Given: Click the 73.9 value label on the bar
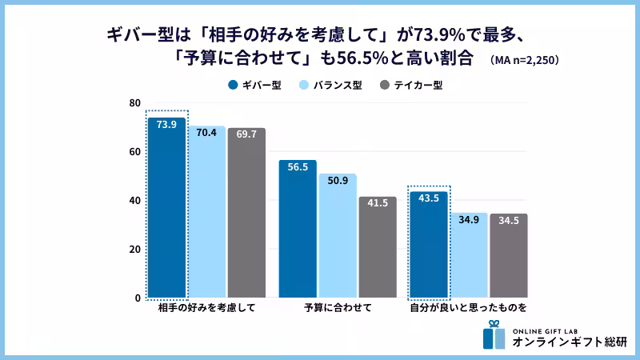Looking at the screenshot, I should tap(166, 125).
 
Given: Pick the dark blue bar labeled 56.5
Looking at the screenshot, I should tap(298, 229).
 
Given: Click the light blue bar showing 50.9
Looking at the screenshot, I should tap(338, 236).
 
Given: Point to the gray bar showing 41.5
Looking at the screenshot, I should tap(378, 247).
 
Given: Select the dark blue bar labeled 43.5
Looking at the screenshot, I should tap(429, 245).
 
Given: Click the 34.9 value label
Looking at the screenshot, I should tap(468, 219).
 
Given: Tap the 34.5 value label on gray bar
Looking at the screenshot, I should tap(508, 220).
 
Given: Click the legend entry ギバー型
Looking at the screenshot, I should tap(255, 85).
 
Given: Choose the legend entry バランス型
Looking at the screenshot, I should tap(330, 85).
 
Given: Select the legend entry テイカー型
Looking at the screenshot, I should tap(411, 85).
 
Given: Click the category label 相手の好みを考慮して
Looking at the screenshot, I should tap(206, 308).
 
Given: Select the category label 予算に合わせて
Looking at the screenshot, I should tap(338, 308).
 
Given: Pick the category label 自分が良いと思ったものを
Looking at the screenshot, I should tap(468, 308).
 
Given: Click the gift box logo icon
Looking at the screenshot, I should tap(494, 335).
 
